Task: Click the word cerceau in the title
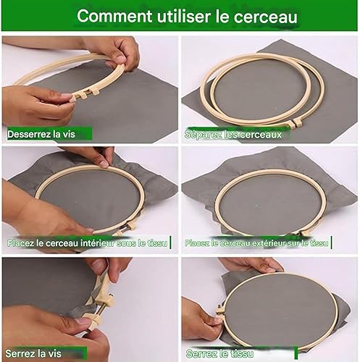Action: pos(265,17)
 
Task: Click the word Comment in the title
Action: pos(114,16)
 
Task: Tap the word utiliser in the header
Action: pos(184,16)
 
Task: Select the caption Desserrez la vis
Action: pos(41,134)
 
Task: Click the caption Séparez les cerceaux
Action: pos(233,135)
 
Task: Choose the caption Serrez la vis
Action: pos(33,353)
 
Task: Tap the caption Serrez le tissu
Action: pos(219,354)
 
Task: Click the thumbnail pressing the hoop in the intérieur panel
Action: pos(104,164)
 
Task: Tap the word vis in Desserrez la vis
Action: pos(69,134)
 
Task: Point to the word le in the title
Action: pos(222,16)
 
